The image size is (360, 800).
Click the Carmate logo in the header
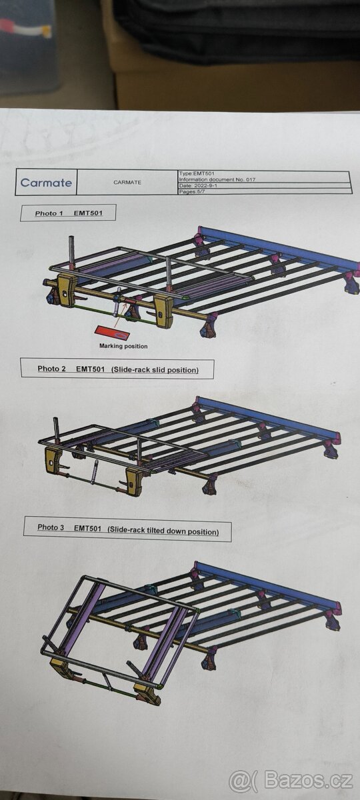[x=46, y=183]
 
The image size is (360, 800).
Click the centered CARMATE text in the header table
[x=127, y=182]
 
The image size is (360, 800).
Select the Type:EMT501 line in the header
[x=197, y=173]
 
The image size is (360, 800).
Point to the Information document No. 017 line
[x=217, y=179]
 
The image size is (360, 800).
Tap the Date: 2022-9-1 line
[x=199, y=185]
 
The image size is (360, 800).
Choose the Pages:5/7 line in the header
[x=192, y=191]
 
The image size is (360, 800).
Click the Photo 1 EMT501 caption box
[x=68, y=213]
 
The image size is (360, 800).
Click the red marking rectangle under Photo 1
[x=112, y=333]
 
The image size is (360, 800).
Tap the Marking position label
[x=123, y=346]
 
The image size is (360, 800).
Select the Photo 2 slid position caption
[x=117, y=369]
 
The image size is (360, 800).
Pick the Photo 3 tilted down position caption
[x=127, y=529]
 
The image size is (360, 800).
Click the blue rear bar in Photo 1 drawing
[x=279, y=246]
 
